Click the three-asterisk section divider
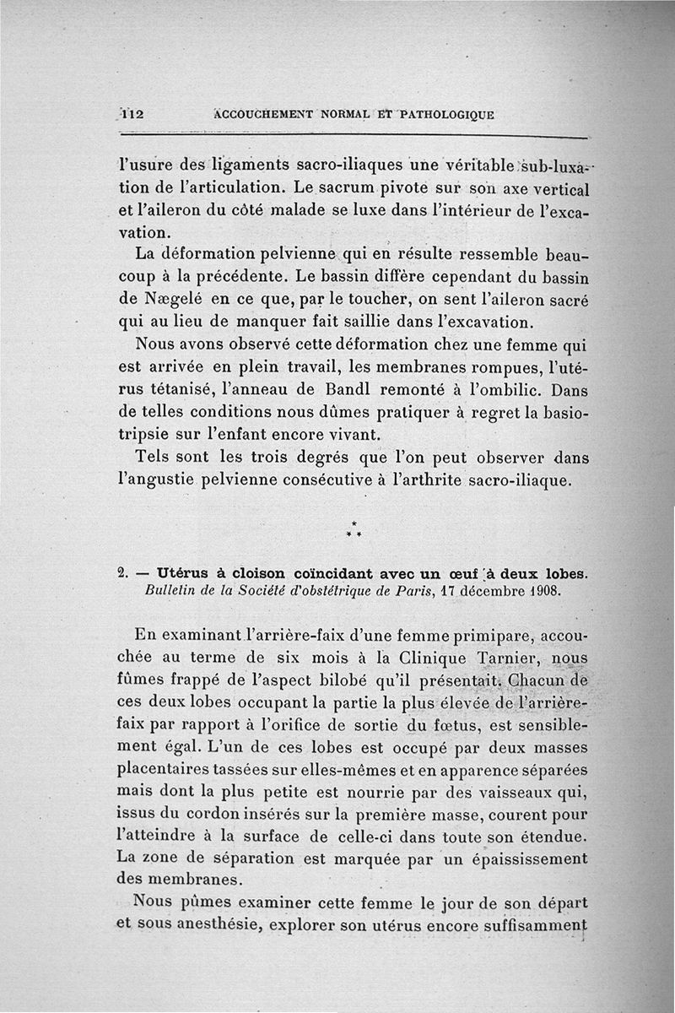coord(354,531)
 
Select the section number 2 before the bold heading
coord(122,573)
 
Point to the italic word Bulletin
coord(176,590)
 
